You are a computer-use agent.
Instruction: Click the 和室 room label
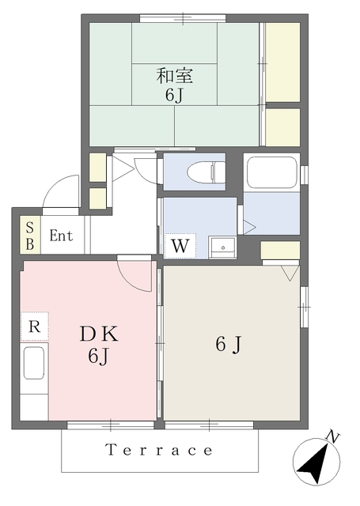coord(175,76)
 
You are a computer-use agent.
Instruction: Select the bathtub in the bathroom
coord(271,172)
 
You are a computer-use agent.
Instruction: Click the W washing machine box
coord(180,246)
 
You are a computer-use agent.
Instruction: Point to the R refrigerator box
coord(35,327)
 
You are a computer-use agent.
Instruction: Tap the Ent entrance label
coord(61,236)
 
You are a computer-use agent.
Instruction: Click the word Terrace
coord(159,450)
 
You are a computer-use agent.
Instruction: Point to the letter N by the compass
coord(332,437)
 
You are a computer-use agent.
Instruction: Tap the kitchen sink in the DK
coord(33,363)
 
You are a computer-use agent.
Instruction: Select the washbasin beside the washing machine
coord(222,247)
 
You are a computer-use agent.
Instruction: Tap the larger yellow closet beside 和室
coord(282,62)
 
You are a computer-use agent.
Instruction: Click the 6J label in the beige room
coord(229,345)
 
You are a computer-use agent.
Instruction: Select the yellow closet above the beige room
coord(280,250)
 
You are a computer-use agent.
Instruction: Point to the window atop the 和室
coord(183,18)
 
